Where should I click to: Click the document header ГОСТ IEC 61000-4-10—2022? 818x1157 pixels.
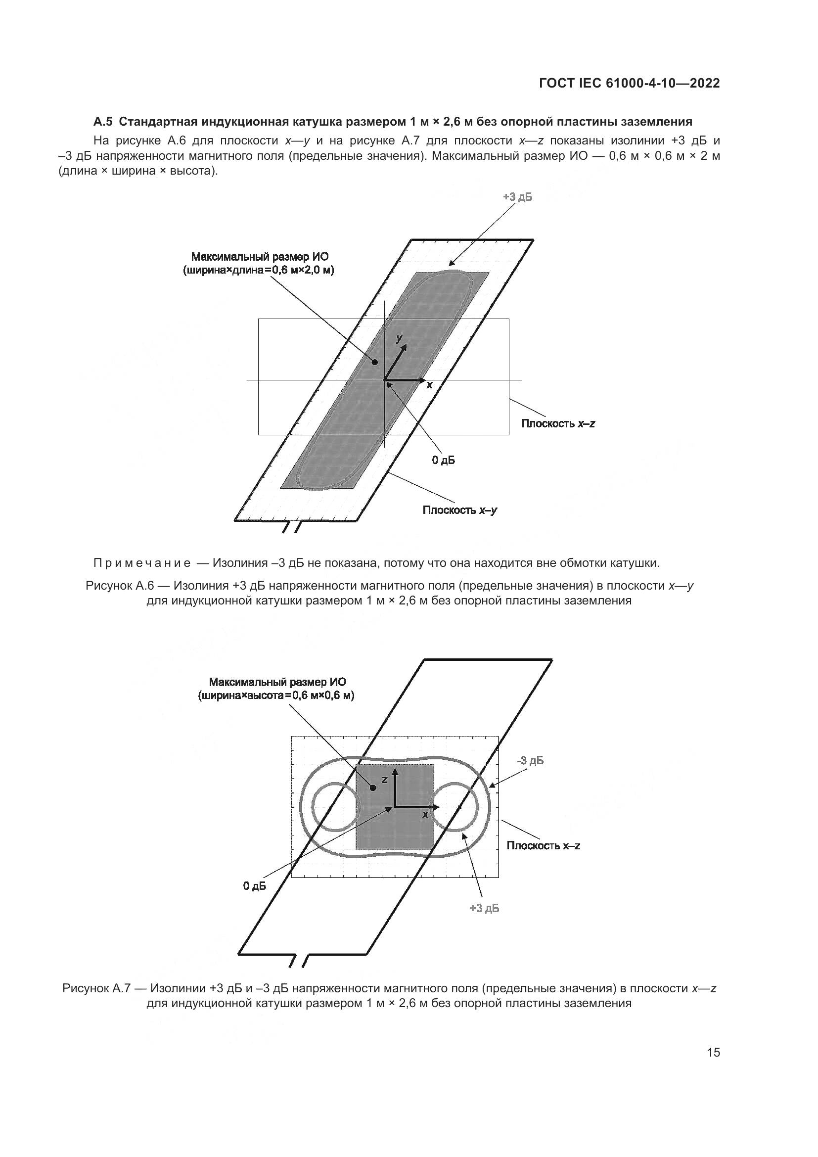coord(629,84)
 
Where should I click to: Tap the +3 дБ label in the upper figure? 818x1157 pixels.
coord(517,197)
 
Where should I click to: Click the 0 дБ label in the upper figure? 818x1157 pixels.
coord(443,460)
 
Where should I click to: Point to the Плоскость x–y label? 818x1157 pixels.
coord(460,510)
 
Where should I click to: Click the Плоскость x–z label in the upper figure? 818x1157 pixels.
coord(558,423)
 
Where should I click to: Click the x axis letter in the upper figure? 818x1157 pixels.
coord(429,385)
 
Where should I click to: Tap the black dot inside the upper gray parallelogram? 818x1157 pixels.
coord(375,361)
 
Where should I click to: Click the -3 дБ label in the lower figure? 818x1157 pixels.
coord(530,760)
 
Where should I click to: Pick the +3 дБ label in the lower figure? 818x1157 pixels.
coord(485,908)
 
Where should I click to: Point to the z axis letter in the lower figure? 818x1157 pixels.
coord(384,779)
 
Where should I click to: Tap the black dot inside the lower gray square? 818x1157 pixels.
coord(373,787)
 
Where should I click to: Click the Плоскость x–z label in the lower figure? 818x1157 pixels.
coord(544,845)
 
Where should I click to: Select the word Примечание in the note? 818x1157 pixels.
coord(142,563)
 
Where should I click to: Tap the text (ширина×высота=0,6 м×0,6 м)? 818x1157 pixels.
coord(276,696)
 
